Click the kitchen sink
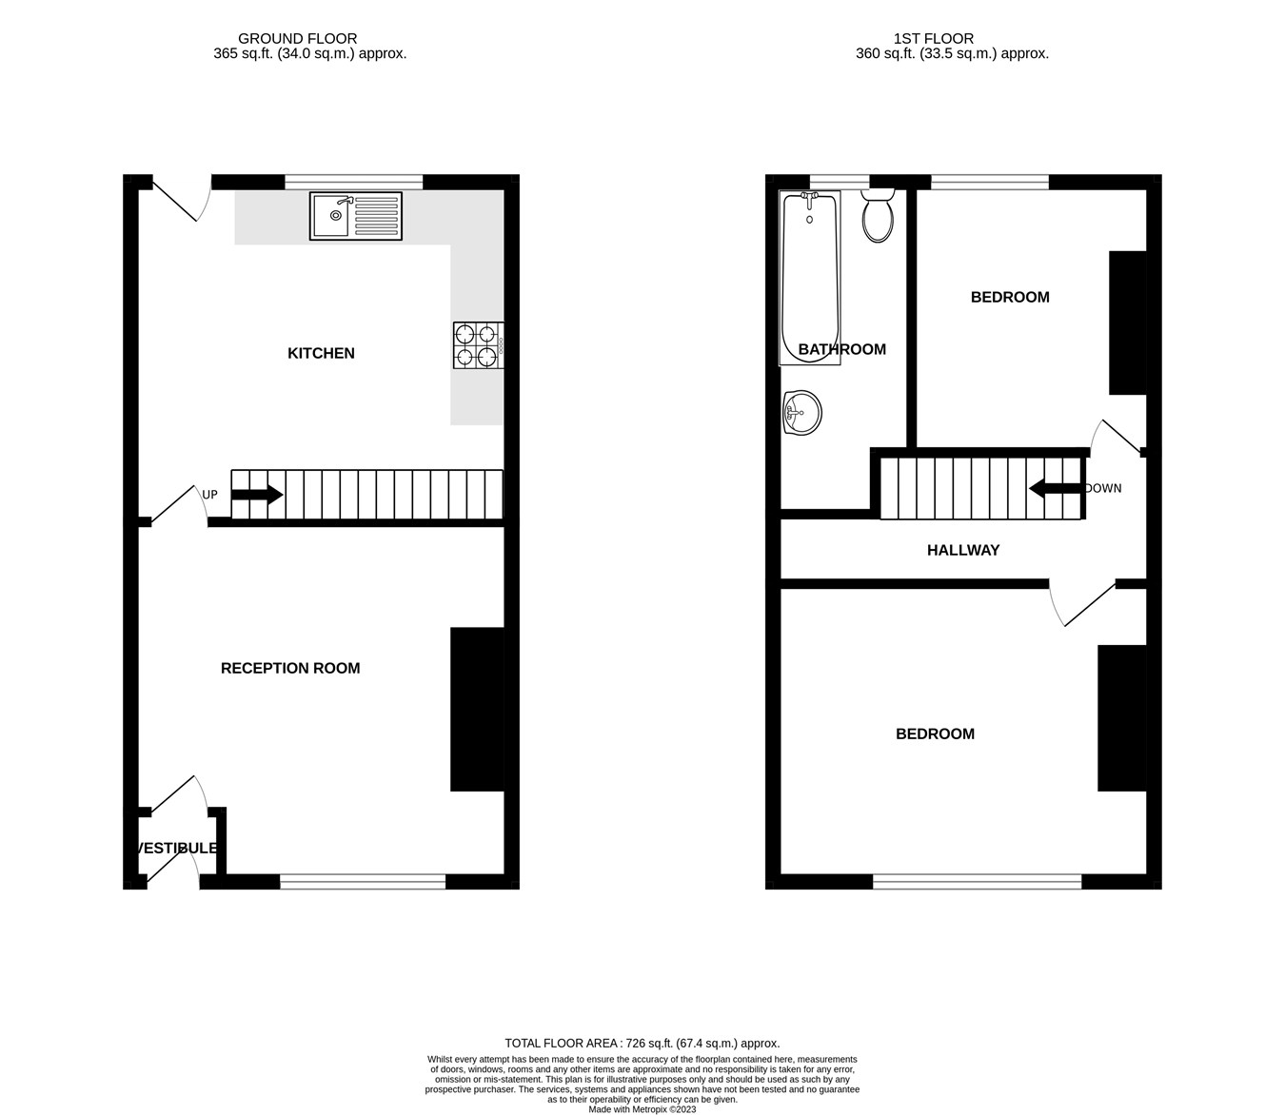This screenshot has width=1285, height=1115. [x=356, y=216]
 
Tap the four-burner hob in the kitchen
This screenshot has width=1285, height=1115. [x=478, y=345]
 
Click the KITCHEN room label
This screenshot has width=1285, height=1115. [x=321, y=353]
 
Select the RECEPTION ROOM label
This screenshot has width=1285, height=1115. [x=290, y=668]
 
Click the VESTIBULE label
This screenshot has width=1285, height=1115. [x=177, y=848]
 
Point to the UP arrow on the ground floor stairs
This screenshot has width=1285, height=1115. [x=257, y=495]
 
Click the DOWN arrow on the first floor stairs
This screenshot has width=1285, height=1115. [x=1056, y=489]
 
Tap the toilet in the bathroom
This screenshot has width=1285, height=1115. [x=877, y=216]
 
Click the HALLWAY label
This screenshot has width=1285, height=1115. [x=963, y=550]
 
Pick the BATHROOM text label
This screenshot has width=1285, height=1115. [x=841, y=349]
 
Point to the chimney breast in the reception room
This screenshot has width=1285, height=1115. [x=477, y=709]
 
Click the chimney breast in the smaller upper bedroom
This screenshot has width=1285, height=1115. [x=1128, y=323]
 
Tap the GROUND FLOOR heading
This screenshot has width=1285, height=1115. [x=297, y=39]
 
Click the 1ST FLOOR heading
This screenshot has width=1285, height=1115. [x=933, y=39]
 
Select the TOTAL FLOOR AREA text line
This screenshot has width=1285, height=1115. [x=642, y=1043]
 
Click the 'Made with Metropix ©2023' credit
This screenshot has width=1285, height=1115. [x=642, y=1109]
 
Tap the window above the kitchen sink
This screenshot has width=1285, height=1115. [x=353, y=180]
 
